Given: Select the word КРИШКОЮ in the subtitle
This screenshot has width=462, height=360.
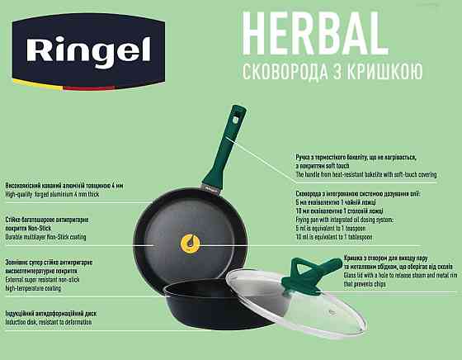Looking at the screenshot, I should (388, 70).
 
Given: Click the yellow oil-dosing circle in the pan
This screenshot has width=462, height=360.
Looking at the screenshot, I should (189, 243).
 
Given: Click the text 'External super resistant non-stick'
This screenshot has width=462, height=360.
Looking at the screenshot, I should (43, 280).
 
